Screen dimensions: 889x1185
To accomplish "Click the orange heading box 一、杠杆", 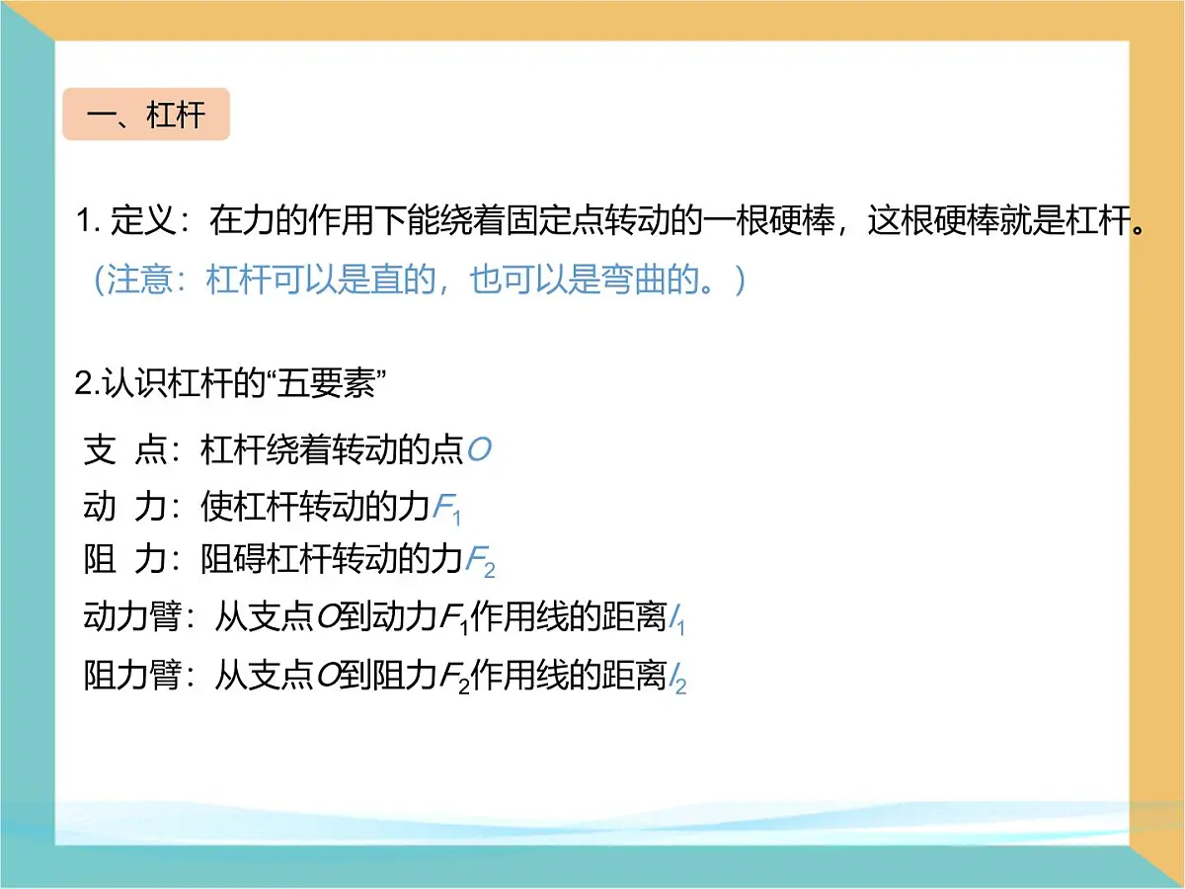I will point(146,115).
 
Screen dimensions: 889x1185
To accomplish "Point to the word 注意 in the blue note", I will point(139,282).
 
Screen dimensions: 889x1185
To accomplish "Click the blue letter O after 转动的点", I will point(479,451).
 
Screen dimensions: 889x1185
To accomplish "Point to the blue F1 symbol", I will point(447,510).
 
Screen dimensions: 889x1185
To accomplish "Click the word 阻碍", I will point(233,562).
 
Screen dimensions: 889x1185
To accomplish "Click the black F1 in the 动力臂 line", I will point(453,621).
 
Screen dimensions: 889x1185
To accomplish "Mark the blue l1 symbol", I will point(676,622).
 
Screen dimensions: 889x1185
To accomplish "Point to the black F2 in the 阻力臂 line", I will point(453,679).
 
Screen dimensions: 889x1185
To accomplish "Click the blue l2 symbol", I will point(677,680).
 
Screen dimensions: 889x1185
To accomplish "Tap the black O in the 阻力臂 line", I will point(327,677).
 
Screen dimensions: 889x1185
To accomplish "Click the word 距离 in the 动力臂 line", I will point(634,618).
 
